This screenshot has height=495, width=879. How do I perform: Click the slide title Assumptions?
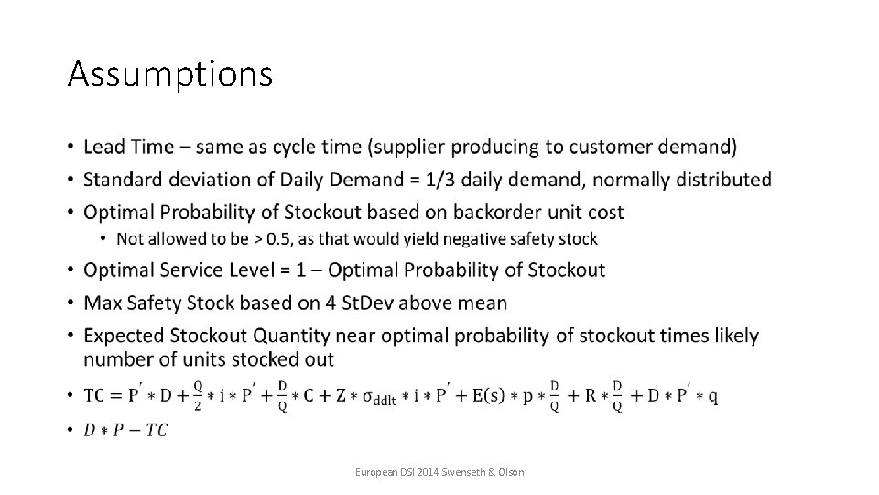point(169,74)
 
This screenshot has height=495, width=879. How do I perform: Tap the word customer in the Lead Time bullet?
point(622,147)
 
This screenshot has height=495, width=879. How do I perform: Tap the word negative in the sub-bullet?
point(466,239)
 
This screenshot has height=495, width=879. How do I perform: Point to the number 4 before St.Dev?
point(342,302)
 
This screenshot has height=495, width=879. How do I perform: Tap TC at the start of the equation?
point(94,396)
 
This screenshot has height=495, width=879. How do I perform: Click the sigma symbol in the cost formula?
point(368,397)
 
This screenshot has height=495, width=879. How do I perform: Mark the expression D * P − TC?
point(125,430)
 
